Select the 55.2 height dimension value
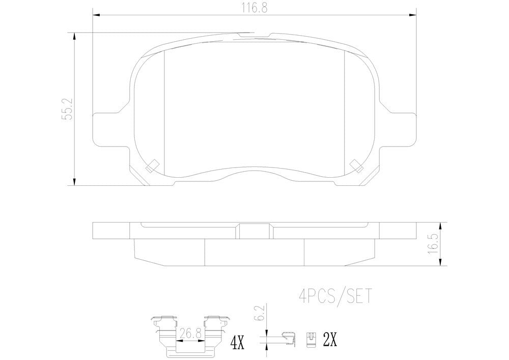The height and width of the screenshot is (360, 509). point(68,109)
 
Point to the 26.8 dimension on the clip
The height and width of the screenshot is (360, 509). point(190,333)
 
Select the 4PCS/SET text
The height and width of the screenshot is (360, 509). point(334,296)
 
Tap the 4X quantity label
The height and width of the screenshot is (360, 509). point(237,342)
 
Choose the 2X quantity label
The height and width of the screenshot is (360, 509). point(330,340)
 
